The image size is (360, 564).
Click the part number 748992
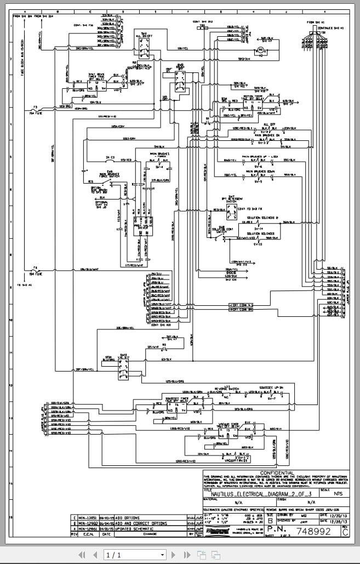point(313,531)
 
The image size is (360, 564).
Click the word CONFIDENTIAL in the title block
point(277,473)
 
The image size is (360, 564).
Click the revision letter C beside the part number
point(345,531)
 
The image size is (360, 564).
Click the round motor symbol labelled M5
point(261,50)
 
